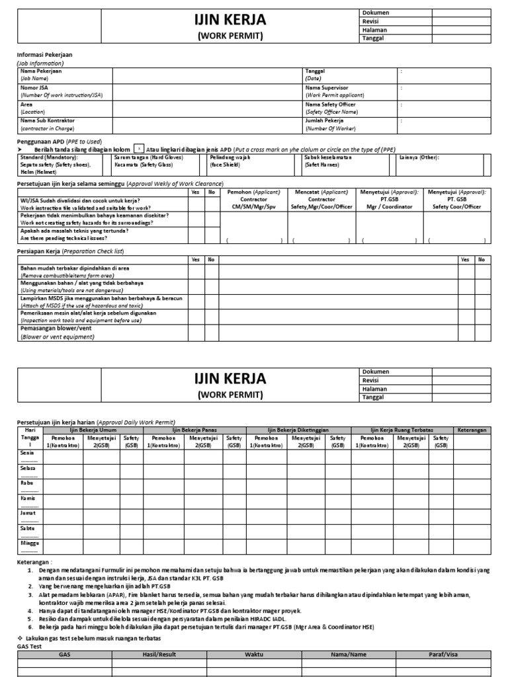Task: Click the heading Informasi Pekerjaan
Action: point(44,55)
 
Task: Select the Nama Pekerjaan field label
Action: point(40,71)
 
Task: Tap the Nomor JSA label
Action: point(34,87)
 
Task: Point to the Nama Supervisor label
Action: point(326,87)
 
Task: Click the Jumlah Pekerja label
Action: point(324,121)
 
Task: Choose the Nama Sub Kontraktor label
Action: point(48,121)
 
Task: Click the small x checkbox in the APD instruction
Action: point(139,149)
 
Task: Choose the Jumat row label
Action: point(28,512)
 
